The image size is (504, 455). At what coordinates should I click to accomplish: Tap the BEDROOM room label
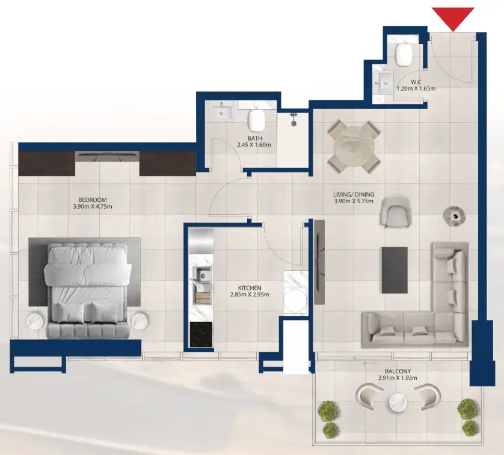pos(92,200)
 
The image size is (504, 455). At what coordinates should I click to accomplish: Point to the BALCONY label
pos(395,371)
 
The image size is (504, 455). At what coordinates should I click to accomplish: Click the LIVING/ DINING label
pos(354,195)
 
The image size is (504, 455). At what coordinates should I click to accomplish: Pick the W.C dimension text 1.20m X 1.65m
pos(415,89)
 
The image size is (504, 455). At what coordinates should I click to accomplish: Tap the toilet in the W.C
pos(404,56)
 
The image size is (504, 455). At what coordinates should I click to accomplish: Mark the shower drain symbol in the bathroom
pos(294,121)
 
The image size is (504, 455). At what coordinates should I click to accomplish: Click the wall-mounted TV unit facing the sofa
pos(319,262)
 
